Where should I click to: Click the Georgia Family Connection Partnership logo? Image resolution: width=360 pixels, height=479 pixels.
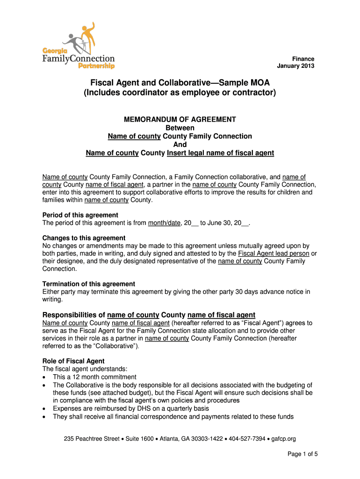(79, 46)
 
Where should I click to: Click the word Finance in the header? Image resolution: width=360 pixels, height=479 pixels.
(303, 58)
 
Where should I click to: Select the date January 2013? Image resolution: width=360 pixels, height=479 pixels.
(295, 66)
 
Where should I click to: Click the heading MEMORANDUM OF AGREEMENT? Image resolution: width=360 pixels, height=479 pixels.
(180, 119)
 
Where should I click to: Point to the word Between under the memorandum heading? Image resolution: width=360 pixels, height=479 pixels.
(180, 128)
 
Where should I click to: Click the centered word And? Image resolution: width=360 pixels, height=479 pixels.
(180, 145)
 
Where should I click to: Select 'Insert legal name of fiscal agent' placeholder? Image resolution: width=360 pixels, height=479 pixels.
(220, 153)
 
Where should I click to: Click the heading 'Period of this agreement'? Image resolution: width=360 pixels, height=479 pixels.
(78, 215)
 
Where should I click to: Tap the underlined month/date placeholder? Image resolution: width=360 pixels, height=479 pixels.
(164, 223)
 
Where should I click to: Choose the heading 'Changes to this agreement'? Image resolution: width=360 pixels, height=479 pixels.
(84, 238)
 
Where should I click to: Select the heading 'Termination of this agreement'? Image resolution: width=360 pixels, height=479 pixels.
(89, 284)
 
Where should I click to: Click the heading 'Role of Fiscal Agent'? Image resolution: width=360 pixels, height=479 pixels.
(73, 361)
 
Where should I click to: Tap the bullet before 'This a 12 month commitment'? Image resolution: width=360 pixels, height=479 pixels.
(44, 377)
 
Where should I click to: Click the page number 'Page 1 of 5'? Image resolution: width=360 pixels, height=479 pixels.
(302, 454)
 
